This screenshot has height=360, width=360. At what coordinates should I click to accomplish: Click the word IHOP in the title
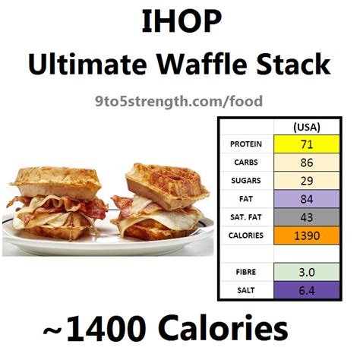(x=182, y=21)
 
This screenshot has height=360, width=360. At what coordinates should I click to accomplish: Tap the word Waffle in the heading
(x=202, y=64)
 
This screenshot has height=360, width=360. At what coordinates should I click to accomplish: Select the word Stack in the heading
(x=293, y=64)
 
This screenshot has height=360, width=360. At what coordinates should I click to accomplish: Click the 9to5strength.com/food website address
(x=178, y=102)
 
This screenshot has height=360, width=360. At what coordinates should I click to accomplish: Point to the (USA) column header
(x=307, y=127)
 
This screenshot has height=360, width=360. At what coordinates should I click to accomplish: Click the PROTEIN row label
(x=246, y=144)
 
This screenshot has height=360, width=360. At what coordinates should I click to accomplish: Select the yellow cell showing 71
(x=307, y=144)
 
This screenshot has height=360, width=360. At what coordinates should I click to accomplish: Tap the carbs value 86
(x=307, y=163)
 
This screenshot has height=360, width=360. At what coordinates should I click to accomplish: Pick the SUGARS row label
(x=246, y=181)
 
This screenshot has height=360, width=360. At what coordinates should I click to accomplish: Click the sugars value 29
(x=307, y=181)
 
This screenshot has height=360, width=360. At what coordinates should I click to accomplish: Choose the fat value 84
(x=307, y=199)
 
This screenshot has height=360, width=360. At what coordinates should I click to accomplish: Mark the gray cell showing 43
(x=307, y=217)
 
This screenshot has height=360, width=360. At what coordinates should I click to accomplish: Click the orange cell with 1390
(x=307, y=235)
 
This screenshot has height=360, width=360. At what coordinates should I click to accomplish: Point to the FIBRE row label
(x=246, y=272)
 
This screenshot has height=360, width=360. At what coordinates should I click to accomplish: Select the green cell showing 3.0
(x=307, y=272)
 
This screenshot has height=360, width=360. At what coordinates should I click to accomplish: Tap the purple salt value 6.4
(x=307, y=290)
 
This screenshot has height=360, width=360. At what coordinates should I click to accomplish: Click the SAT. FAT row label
(x=246, y=217)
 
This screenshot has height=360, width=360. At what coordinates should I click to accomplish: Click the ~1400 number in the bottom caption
(x=94, y=328)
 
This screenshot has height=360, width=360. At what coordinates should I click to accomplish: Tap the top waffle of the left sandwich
(x=55, y=182)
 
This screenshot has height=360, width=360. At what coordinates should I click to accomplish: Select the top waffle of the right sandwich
(x=167, y=185)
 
